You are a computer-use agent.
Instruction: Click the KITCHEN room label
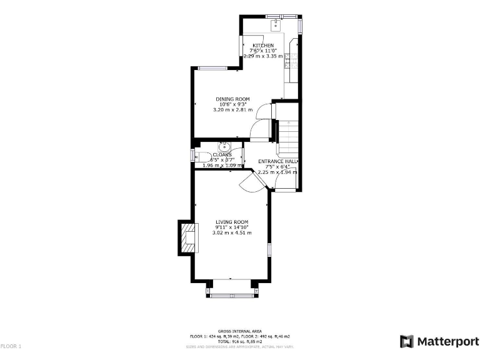(263, 46)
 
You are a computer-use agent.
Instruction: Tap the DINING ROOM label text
(232, 99)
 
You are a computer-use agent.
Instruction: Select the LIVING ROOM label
(232, 222)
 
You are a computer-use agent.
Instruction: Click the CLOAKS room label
(222, 154)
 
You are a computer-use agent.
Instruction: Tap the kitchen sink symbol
(275, 26)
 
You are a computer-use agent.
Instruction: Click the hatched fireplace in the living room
(187, 238)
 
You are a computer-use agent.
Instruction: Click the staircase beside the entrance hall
(288, 140)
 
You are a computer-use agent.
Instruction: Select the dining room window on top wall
(212, 68)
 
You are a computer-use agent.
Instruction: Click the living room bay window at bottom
(232, 295)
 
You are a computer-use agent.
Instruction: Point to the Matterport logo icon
(407, 341)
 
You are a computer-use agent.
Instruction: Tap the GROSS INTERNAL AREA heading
(239, 331)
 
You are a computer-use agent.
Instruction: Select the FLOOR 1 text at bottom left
(11, 346)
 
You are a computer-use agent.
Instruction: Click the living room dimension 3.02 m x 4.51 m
(232, 232)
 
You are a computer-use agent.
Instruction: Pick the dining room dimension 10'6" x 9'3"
(232, 104)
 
